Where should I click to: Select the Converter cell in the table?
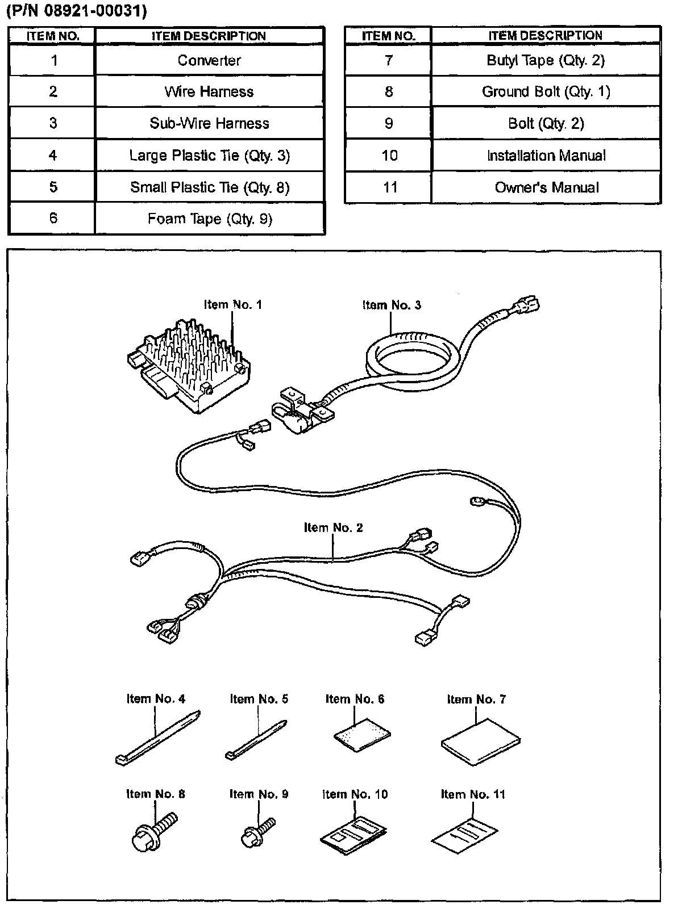point(209,60)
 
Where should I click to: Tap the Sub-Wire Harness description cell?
point(209,123)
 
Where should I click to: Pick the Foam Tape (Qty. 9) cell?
point(209,219)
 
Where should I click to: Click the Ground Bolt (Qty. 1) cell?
point(546,91)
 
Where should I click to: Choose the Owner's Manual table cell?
point(546,187)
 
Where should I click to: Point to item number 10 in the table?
point(389,156)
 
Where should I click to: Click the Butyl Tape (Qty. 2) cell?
point(546,60)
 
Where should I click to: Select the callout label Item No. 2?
point(333,527)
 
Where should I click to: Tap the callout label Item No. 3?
point(392,305)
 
